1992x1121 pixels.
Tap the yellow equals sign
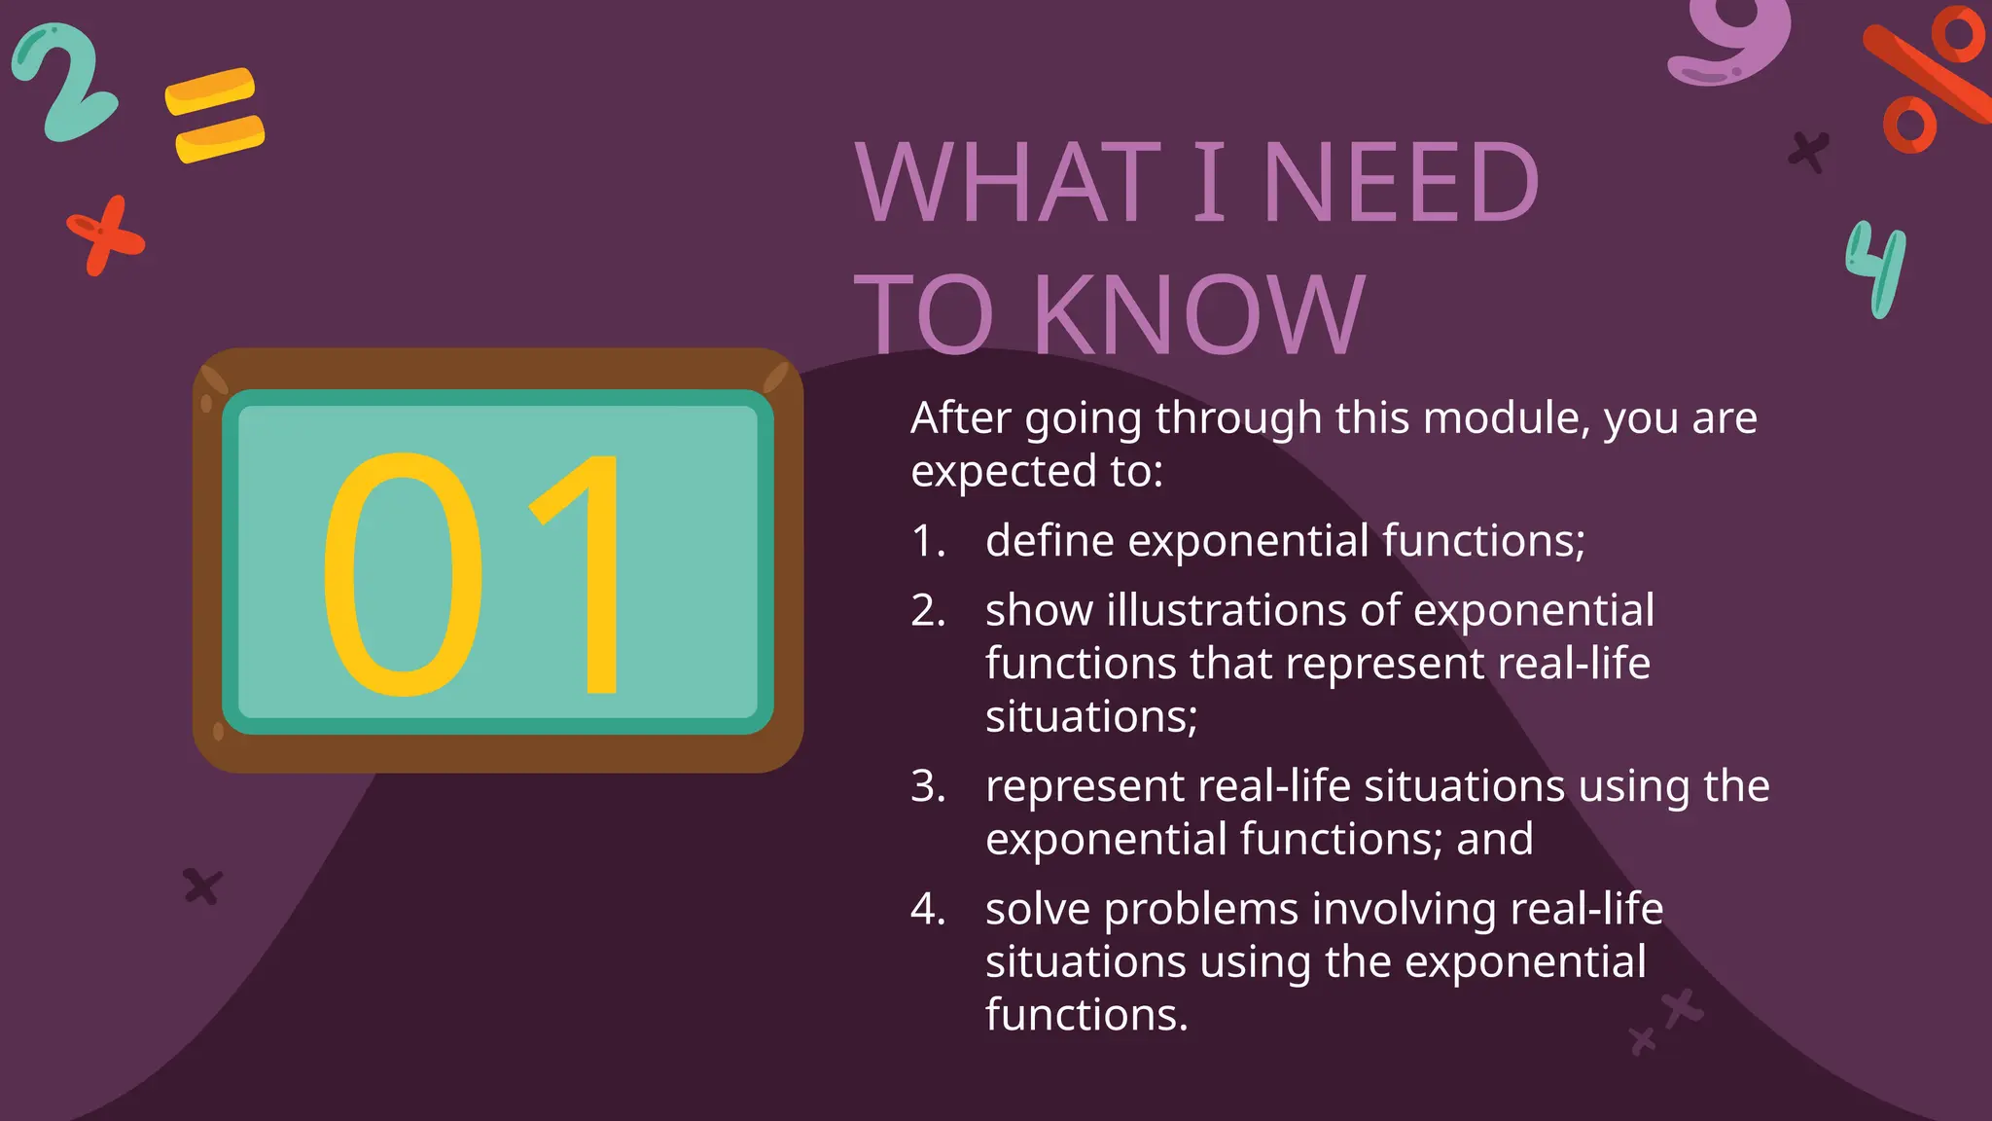click(215, 115)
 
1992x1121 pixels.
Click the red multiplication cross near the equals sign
click(105, 235)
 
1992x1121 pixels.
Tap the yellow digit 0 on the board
click(402, 574)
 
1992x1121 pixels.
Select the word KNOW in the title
click(1198, 314)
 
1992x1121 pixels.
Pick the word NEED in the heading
click(1401, 182)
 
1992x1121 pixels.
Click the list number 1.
click(928, 541)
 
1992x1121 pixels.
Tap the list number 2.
click(928, 611)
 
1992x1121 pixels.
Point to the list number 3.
click(928, 786)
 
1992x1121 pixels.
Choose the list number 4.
click(928, 909)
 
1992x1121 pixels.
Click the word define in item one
click(1049, 540)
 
